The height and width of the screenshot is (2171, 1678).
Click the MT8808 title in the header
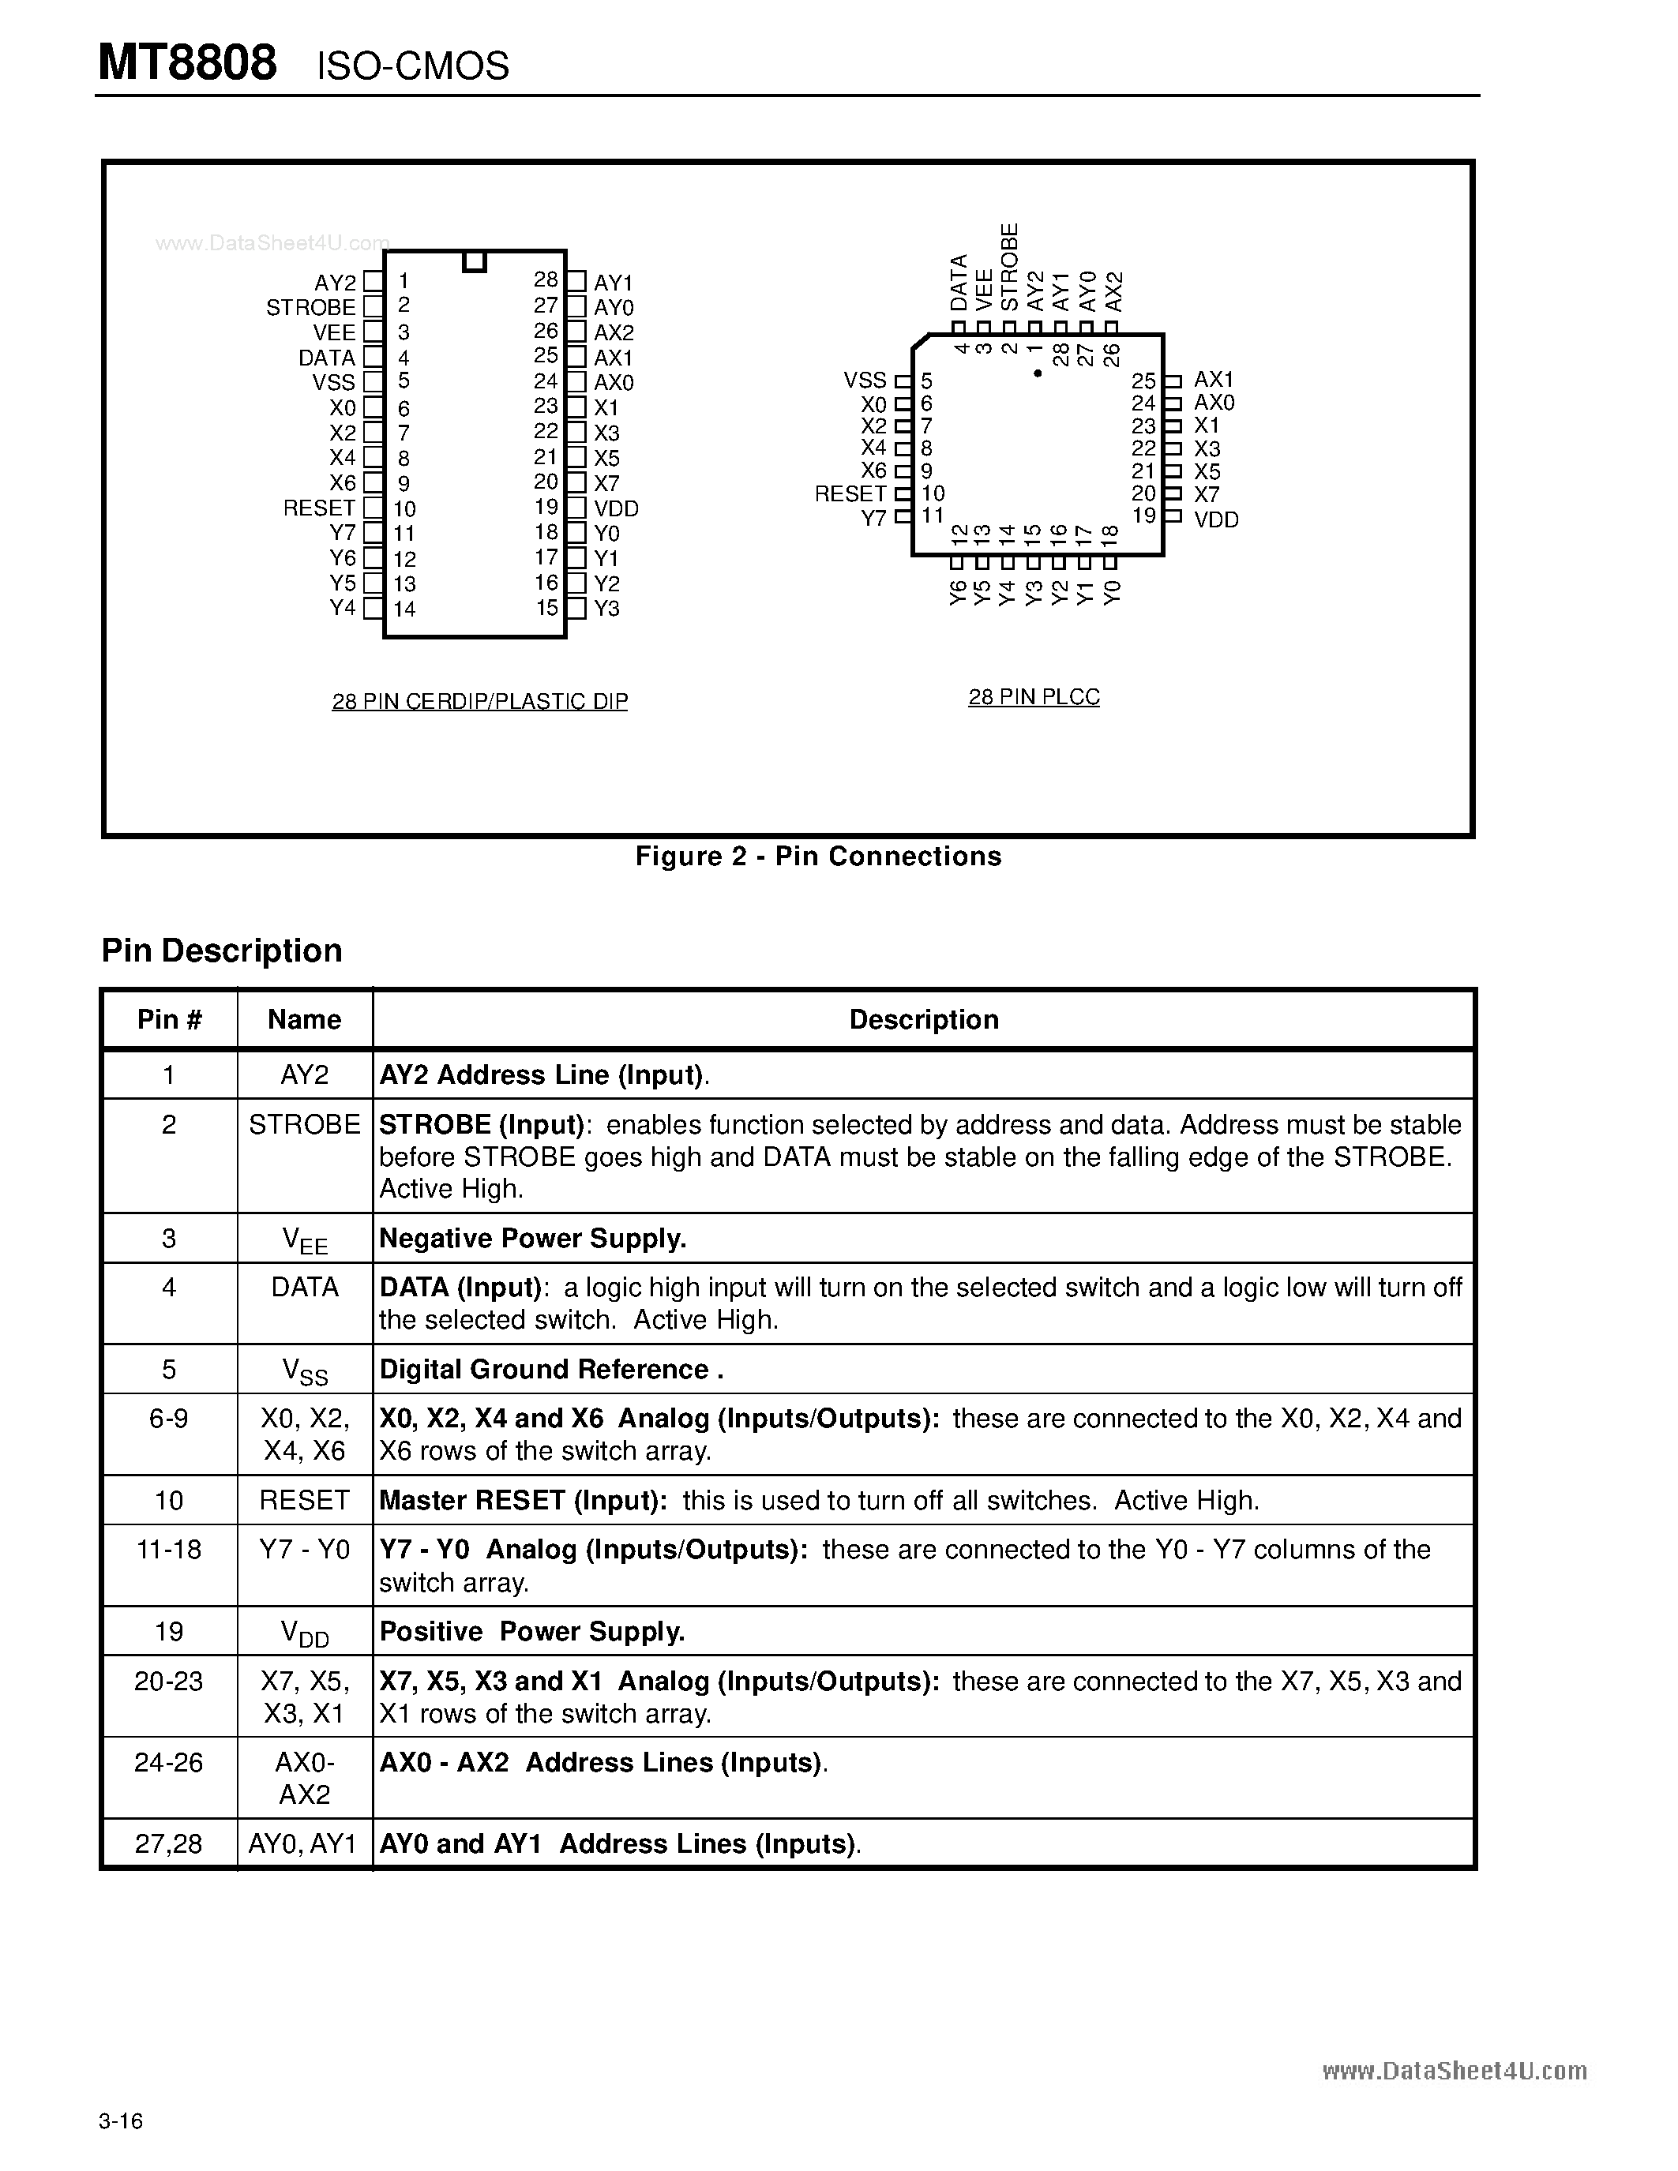click(187, 64)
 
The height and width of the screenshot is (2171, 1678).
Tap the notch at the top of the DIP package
click(474, 261)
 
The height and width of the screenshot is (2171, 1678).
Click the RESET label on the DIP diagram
click(319, 508)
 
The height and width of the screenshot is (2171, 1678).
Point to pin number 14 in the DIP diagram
click(404, 609)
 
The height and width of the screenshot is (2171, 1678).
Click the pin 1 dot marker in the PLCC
click(1037, 373)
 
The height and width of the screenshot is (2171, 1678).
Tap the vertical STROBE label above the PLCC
click(1010, 266)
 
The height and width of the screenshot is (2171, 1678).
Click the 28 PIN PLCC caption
click(1034, 697)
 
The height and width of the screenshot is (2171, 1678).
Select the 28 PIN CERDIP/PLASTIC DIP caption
click(479, 702)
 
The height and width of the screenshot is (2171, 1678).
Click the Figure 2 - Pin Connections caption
click(818, 857)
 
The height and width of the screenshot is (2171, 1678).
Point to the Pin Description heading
click(222, 951)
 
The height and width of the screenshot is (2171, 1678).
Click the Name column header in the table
click(304, 1020)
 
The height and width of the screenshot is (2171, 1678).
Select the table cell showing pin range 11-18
click(169, 1550)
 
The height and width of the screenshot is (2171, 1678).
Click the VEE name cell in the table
click(304, 1239)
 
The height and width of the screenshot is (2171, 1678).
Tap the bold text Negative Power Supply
click(533, 1239)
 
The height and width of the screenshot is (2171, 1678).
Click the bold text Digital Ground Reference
click(550, 1370)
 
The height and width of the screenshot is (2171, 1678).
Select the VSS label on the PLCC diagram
click(864, 381)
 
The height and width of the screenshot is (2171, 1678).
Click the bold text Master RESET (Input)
click(523, 1500)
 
